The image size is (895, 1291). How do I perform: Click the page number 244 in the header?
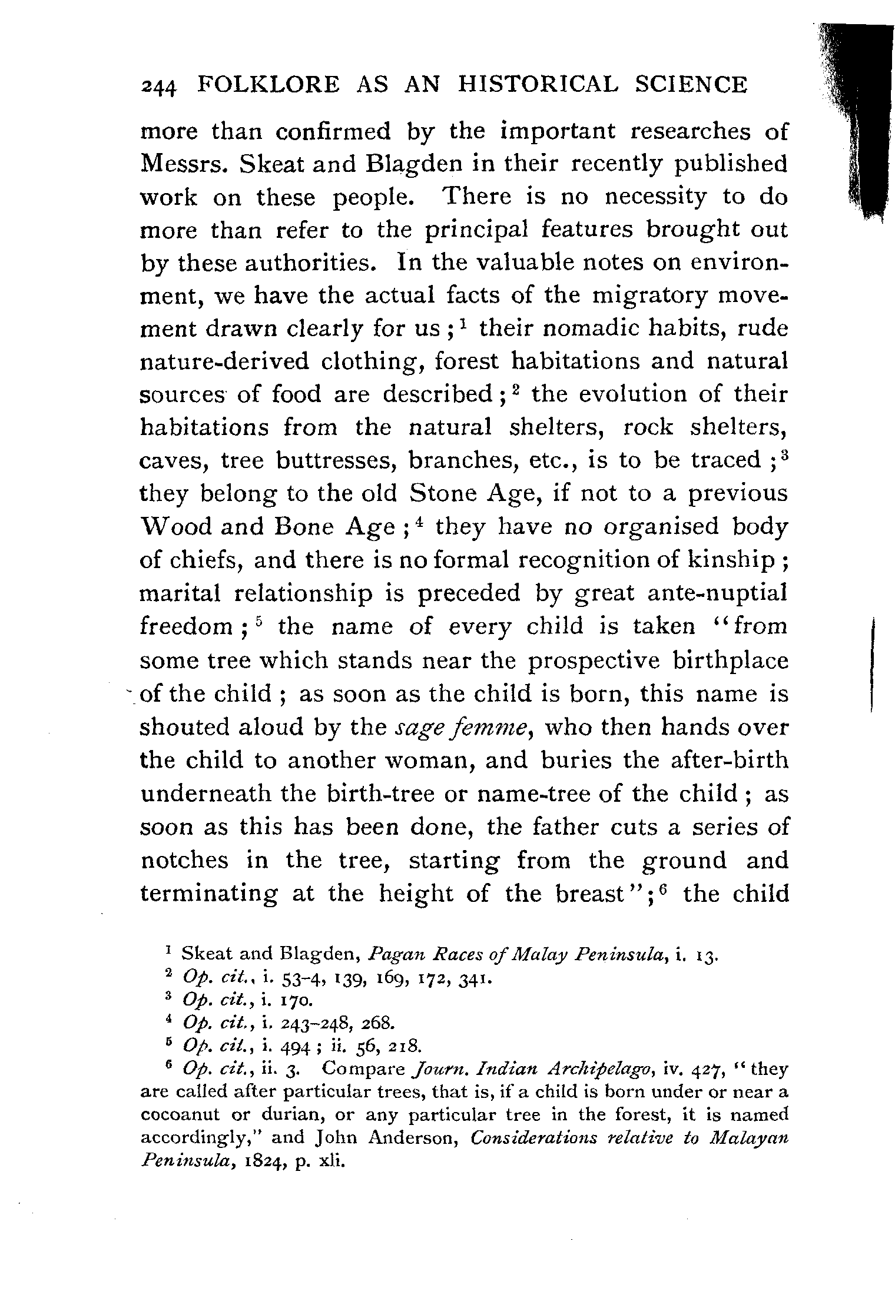point(158,86)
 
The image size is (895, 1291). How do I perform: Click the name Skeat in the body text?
point(266,164)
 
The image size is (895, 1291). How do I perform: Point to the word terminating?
point(210,894)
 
